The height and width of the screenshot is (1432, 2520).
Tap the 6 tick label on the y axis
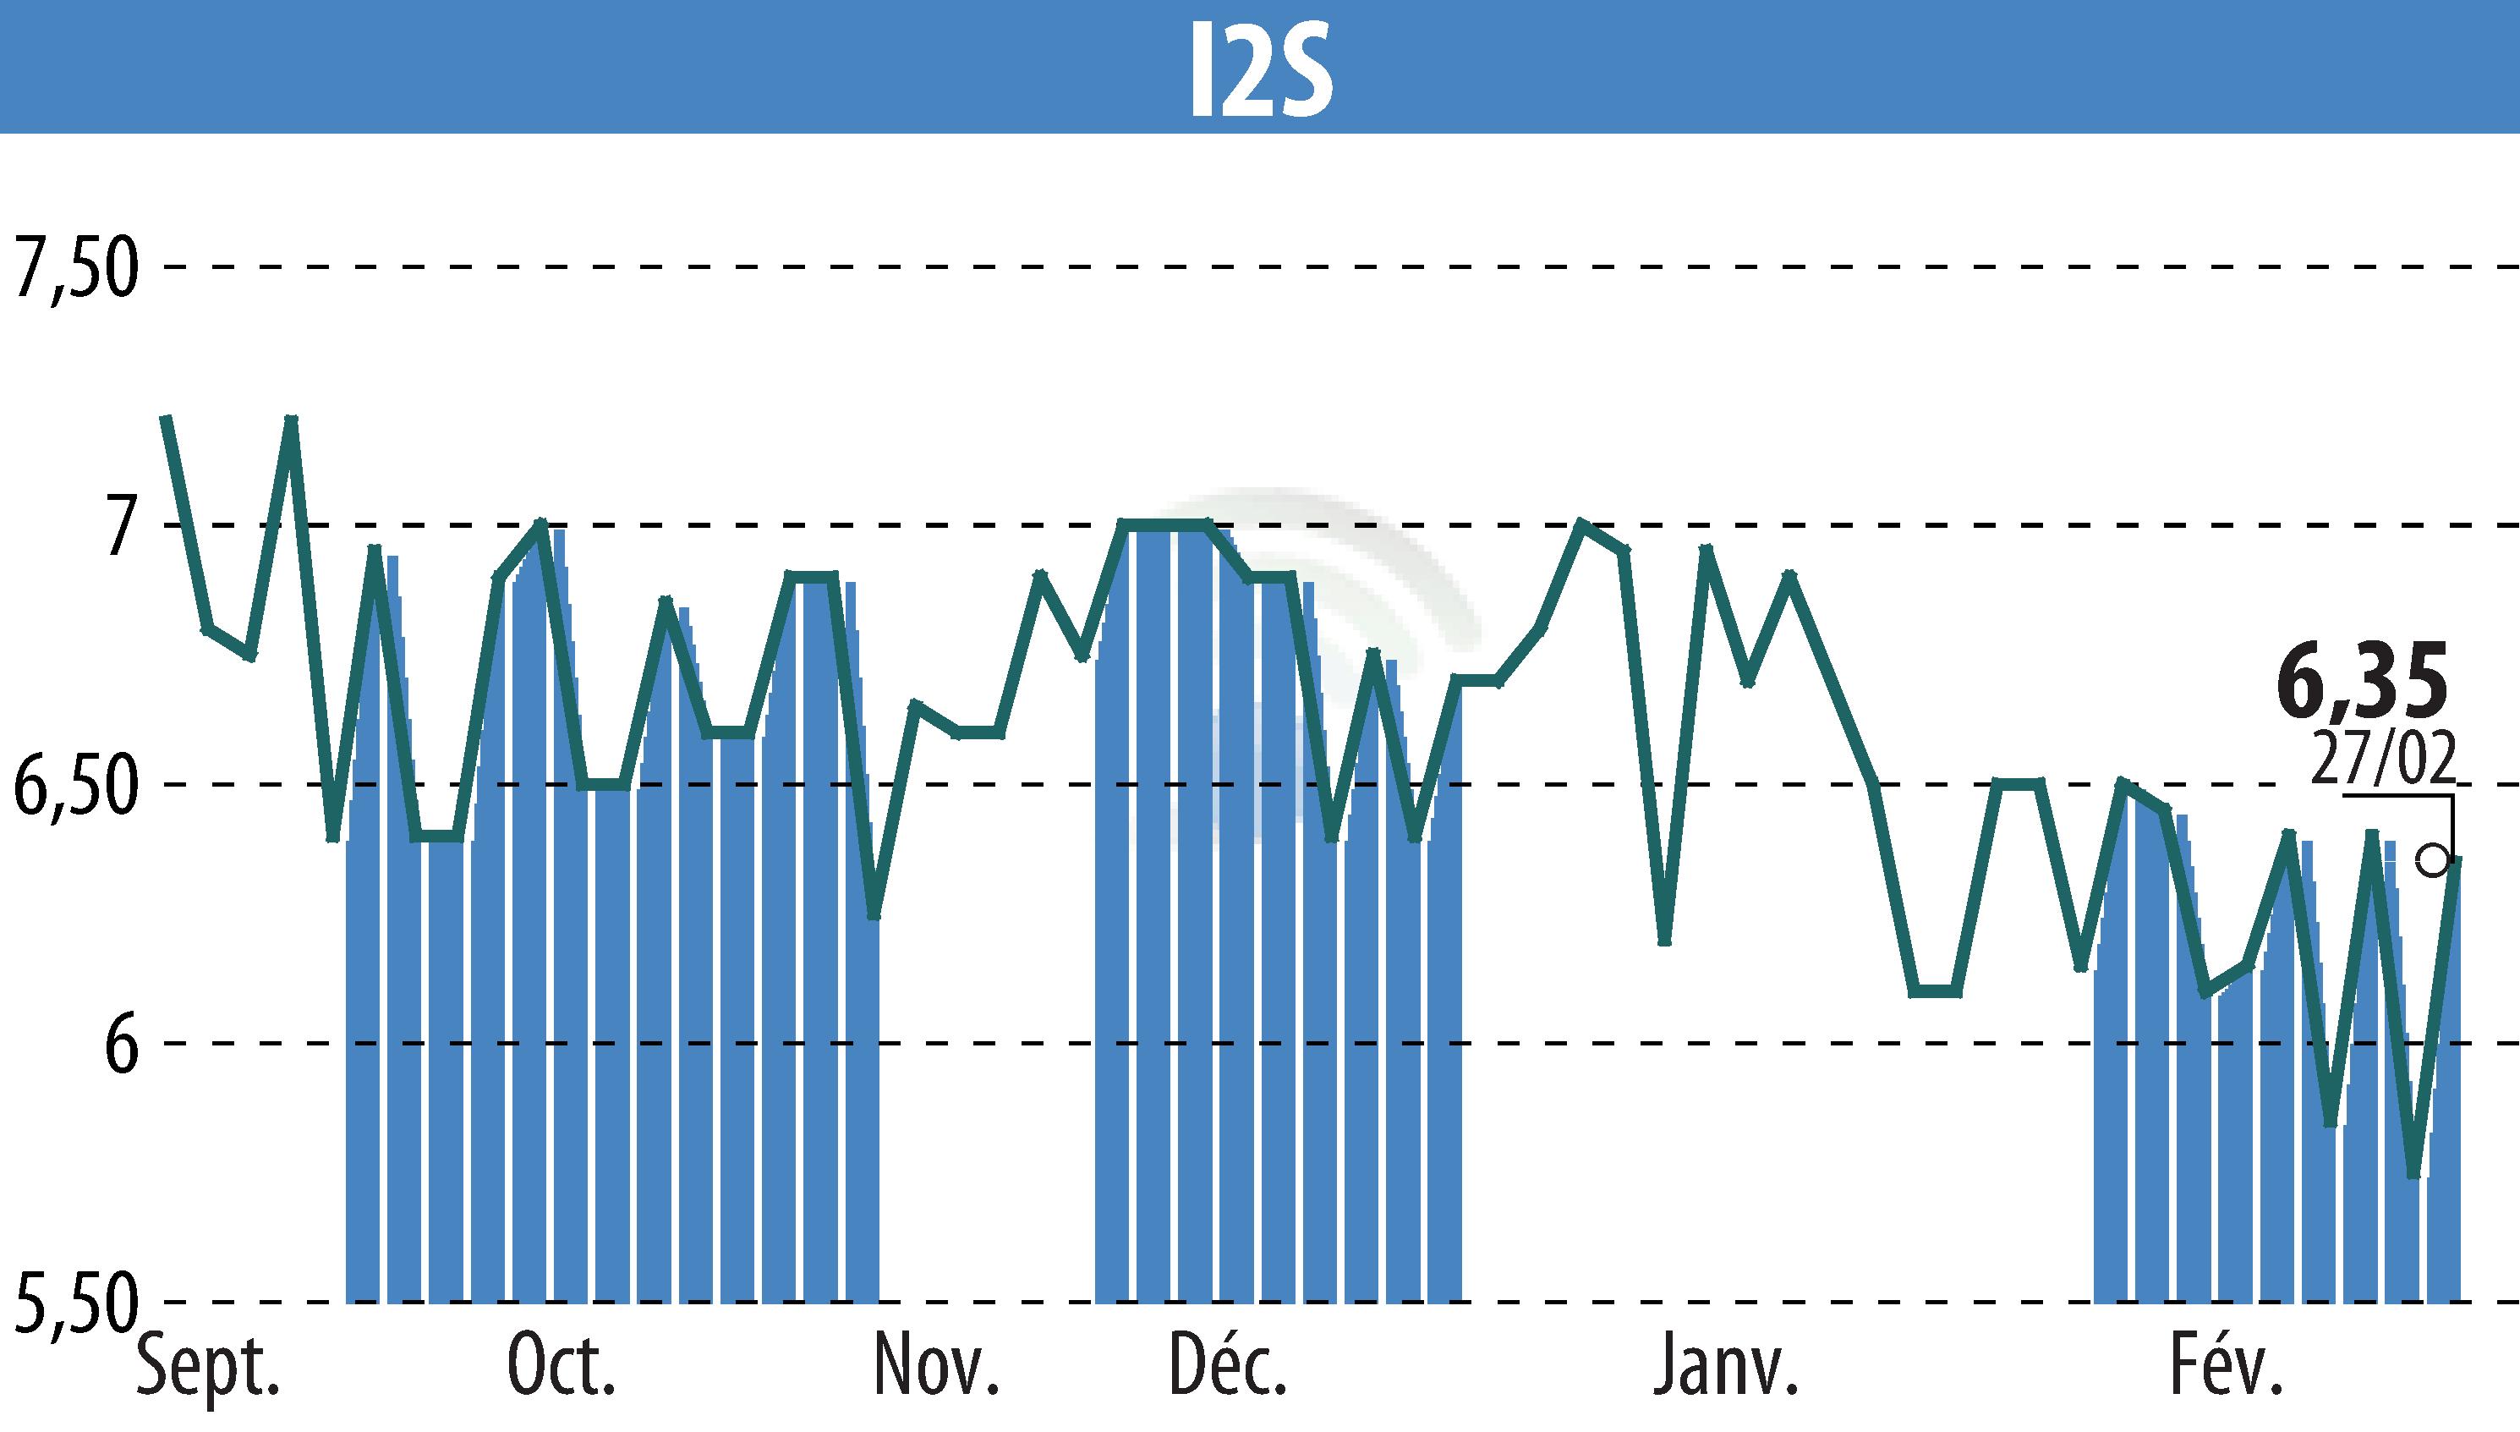(x=116, y=1045)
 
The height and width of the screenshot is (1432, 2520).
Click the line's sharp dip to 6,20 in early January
(x=1664, y=942)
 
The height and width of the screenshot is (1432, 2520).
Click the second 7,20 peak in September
(x=291, y=419)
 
